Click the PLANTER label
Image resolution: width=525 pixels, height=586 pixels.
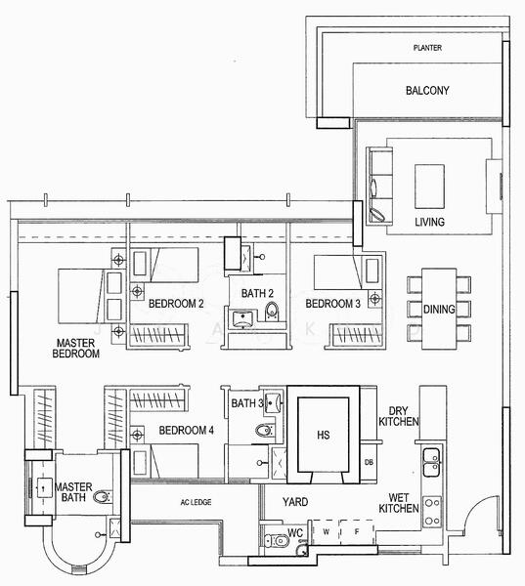click(426, 48)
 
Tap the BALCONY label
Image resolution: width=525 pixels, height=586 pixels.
click(426, 91)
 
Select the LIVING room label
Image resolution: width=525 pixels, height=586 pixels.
click(429, 223)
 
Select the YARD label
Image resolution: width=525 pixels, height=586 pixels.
click(295, 502)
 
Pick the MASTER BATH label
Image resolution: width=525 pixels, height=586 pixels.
click(72, 491)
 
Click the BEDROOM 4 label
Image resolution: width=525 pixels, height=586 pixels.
click(186, 431)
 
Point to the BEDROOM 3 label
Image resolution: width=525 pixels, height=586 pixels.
click(332, 304)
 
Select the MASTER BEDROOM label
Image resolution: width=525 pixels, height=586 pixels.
click(78, 349)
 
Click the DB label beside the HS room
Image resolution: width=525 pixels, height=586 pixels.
click(369, 462)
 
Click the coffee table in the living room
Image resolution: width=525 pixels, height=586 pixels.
click(429, 183)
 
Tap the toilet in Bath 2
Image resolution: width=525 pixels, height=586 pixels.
click(273, 312)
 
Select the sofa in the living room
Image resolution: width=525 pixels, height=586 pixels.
click(377, 185)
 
